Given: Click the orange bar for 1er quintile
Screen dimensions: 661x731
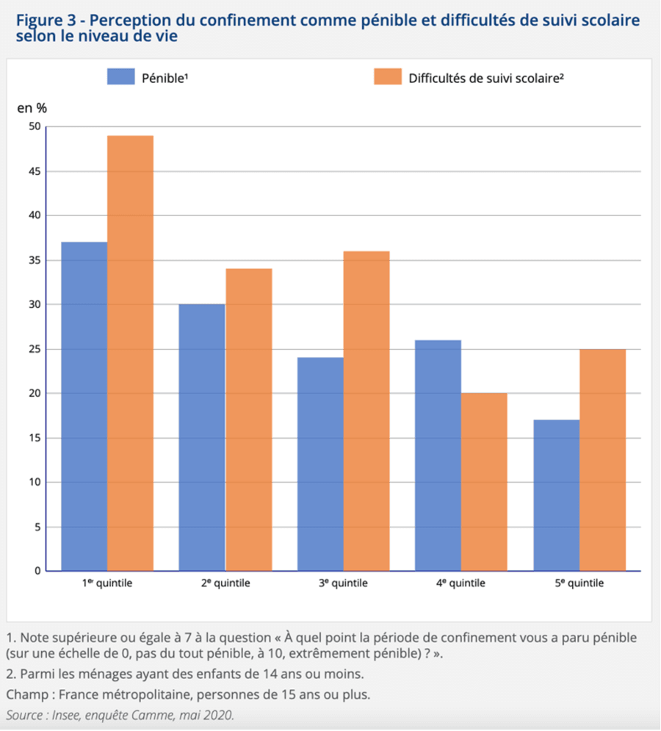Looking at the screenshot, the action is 131,353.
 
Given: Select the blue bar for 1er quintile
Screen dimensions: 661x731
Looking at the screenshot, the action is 84,406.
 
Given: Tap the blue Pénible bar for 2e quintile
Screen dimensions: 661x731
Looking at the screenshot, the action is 202,437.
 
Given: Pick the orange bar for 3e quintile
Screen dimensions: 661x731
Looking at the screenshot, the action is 366,411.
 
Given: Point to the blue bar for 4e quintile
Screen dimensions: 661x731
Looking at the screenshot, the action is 438,455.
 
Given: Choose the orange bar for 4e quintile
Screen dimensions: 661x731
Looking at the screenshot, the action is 484,482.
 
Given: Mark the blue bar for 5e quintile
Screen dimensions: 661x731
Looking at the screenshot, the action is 557,495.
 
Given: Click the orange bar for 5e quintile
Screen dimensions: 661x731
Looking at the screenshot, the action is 603,460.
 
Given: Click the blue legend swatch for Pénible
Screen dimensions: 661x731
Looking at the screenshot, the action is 121,77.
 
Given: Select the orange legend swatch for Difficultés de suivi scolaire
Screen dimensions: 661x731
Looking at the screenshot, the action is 388,77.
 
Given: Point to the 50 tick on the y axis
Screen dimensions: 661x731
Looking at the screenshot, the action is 35,126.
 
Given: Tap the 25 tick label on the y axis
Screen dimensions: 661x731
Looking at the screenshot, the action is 35,349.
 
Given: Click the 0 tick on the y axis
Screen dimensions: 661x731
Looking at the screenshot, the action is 37,571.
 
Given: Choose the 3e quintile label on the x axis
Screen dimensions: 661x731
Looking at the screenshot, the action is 343,583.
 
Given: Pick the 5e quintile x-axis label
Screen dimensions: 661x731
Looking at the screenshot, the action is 579,583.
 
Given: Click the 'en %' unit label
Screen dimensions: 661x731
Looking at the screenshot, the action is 32,108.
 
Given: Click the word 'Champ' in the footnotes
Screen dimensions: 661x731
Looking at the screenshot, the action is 27,695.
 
